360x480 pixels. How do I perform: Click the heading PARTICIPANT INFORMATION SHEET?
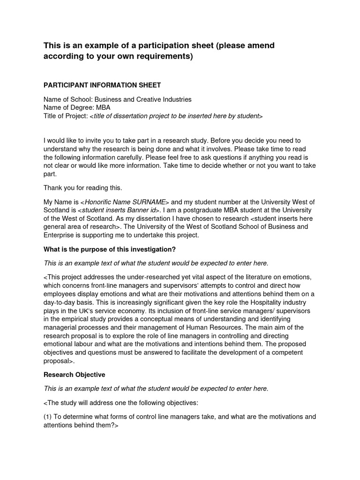[102, 85]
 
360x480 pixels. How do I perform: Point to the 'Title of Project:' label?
[66, 116]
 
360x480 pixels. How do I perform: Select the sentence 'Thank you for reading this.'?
[82, 188]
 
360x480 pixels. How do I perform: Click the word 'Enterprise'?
[60, 235]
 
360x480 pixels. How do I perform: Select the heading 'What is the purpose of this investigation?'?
[109, 249]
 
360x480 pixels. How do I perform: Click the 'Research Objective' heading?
[74, 375]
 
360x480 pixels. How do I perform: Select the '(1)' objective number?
[48, 416]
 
